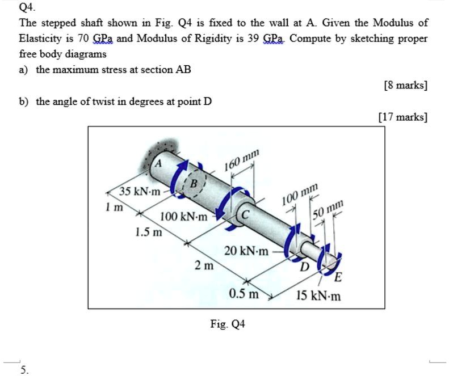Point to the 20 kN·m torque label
(x=246, y=251)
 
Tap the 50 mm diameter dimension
(x=328, y=209)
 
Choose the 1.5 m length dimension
(x=148, y=232)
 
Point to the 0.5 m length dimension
(x=244, y=294)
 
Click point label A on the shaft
(x=158, y=162)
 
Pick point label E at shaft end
(x=338, y=277)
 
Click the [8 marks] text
(x=405, y=86)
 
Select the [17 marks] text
(x=403, y=117)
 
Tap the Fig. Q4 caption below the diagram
(x=227, y=324)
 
